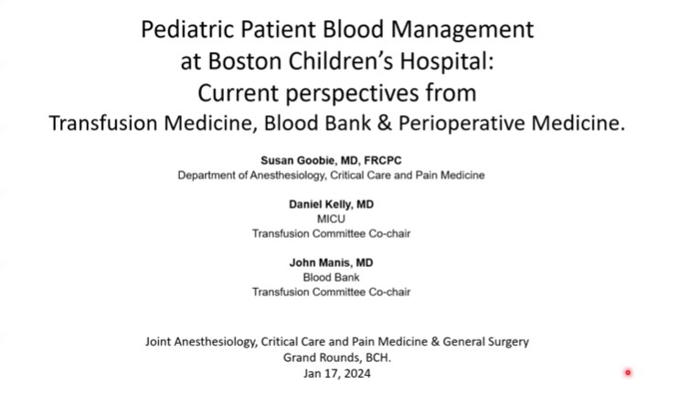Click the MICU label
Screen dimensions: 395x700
click(331, 219)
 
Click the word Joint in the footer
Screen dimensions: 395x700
click(159, 342)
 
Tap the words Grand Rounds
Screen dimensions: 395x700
click(320, 358)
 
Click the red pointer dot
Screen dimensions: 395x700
click(628, 372)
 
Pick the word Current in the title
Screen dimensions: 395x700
click(240, 92)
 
